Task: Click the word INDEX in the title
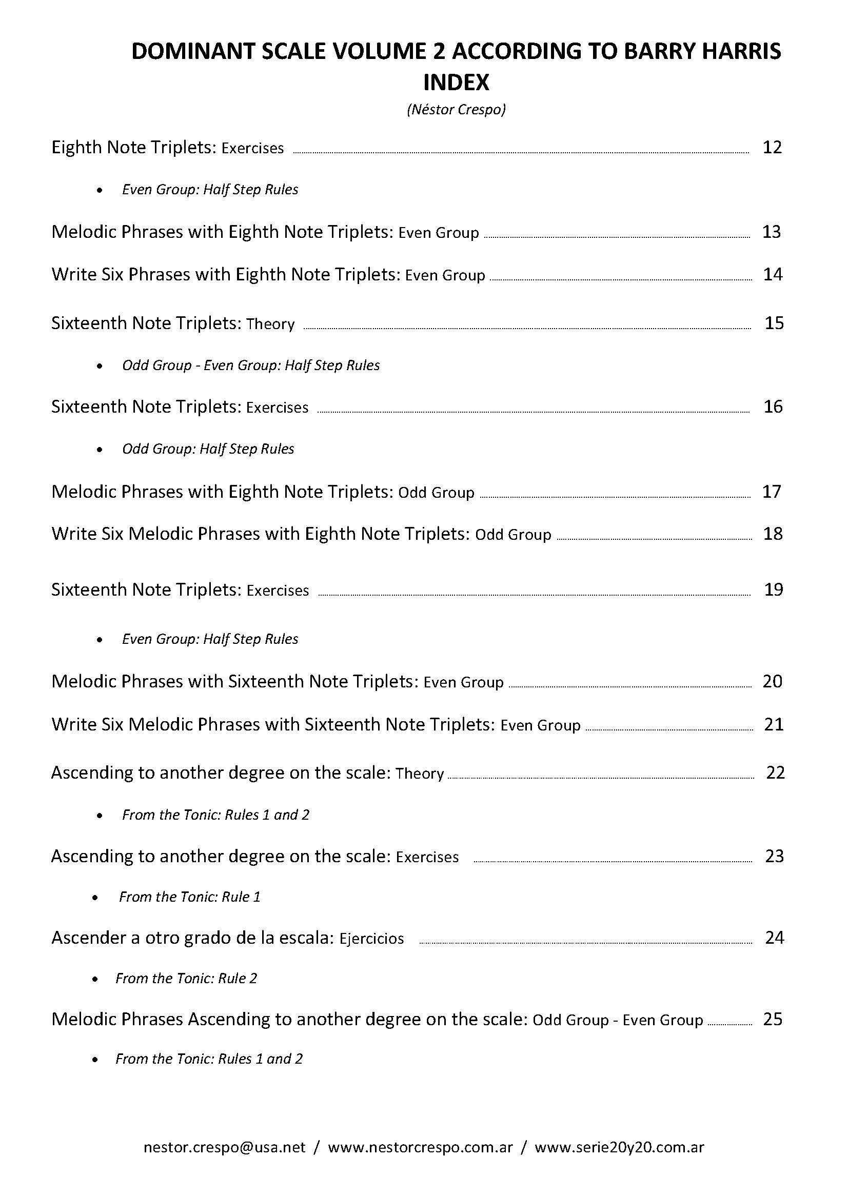click(x=456, y=82)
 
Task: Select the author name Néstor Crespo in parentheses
click(x=456, y=110)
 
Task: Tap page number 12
click(x=772, y=147)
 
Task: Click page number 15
click(x=774, y=323)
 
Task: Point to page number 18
click(x=773, y=534)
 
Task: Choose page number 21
click(x=774, y=724)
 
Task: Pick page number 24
click(x=774, y=938)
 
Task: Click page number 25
click(x=773, y=1019)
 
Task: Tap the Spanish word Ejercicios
click(x=371, y=939)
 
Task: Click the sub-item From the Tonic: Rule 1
click(x=190, y=897)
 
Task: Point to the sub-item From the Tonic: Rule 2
click(x=187, y=978)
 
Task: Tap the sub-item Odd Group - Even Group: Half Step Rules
click(x=251, y=365)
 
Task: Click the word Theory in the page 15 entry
click(x=270, y=324)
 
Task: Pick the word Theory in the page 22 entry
click(x=420, y=774)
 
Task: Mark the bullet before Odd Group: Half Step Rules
click(x=100, y=450)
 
